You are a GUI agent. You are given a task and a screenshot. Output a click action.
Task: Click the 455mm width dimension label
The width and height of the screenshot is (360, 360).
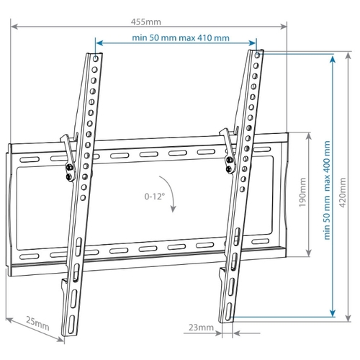pos(146,22)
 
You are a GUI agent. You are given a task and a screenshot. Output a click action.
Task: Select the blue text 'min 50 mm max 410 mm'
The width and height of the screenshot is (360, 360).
pos(181,37)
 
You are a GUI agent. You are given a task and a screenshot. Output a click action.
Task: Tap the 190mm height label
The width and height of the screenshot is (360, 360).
pos(302,192)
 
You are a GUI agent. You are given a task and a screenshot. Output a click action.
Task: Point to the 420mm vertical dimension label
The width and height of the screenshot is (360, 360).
pos(343,192)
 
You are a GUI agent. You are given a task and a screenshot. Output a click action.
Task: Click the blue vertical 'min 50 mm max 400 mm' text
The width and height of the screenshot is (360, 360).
pos(327,190)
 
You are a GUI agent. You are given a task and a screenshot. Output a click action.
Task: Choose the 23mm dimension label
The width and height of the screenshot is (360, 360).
pos(201,327)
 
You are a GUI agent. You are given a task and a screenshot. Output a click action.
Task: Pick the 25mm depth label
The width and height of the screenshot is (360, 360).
pos(37,324)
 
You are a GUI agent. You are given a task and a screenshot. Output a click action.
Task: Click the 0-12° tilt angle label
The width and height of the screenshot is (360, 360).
pos(155,197)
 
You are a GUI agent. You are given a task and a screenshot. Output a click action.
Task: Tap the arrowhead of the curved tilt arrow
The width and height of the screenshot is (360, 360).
pos(173,209)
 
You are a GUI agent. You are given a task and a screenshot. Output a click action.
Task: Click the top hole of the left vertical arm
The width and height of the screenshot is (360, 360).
pos(95,58)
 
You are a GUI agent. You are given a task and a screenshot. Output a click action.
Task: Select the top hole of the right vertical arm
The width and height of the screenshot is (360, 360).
pos(257,55)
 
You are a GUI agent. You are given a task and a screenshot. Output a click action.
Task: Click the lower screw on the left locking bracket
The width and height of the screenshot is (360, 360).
pos(68,177)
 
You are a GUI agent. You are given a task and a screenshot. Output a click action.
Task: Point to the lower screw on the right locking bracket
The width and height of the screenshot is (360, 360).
pos(229,169)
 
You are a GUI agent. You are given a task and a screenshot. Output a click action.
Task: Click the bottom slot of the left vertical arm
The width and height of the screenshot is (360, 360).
pos(71,325)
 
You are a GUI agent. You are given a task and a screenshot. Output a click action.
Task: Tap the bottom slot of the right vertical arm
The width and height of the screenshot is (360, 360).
pos(228,312)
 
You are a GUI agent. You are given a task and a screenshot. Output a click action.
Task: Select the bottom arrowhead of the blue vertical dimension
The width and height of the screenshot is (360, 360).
pos(333,313)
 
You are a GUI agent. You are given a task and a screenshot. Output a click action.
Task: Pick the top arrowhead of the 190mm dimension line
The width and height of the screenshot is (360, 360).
pos(309,136)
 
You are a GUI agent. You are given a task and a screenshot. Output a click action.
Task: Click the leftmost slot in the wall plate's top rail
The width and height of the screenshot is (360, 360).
pos(30,160)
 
